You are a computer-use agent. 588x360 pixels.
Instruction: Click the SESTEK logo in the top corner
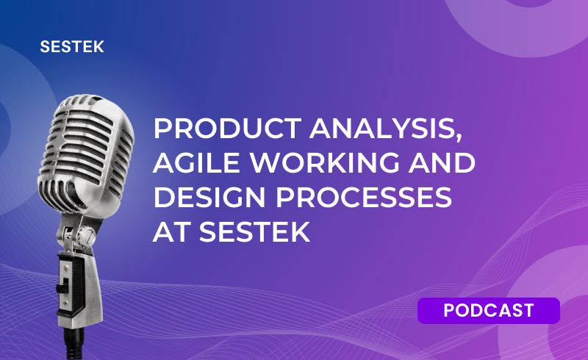pyautogui.click(x=72, y=47)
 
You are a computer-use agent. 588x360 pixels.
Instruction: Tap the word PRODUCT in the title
pyautogui.click(x=227, y=129)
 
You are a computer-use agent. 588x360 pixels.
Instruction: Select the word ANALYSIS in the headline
pyautogui.click(x=383, y=129)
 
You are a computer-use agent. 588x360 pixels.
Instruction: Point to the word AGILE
pyautogui.click(x=196, y=163)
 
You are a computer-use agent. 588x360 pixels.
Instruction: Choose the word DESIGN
pyautogui.click(x=209, y=197)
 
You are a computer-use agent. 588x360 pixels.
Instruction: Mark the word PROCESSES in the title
pyautogui.click(x=364, y=197)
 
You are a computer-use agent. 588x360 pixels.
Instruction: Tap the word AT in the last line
pyautogui.click(x=171, y=231)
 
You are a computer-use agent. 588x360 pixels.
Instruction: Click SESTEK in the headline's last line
pyautogui.click(x=254, y=231)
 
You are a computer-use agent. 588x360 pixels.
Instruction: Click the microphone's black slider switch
pyautogui.click(x=61, y=287)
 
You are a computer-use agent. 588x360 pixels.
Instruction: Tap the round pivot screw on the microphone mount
pyautogui.click(x=87, y=236)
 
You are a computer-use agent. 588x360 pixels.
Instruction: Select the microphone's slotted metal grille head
pyautogui.click(x=86, y=150)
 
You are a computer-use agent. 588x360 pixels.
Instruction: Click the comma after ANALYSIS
pyautogui.click(x=459, y=137)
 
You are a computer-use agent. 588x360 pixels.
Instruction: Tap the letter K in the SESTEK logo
pyautogui.click(x=98, y=47)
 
